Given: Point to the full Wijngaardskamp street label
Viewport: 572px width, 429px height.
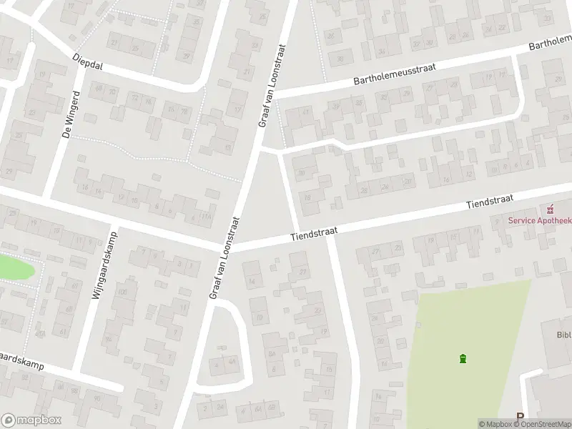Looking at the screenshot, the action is coord(105,266).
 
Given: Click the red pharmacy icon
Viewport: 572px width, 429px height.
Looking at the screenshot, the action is coord(550,209).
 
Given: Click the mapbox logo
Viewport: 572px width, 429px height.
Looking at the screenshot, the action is coord(31,420).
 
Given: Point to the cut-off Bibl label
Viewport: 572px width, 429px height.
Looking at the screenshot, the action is coord(564,334).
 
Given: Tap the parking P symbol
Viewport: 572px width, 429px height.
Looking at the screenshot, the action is coord(520,417).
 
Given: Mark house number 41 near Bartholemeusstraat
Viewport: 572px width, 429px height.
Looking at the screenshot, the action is coord(306,112).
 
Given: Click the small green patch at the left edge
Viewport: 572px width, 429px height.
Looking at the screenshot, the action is coord(14,267).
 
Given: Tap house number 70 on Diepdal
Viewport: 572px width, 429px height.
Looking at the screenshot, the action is coord(184,112).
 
